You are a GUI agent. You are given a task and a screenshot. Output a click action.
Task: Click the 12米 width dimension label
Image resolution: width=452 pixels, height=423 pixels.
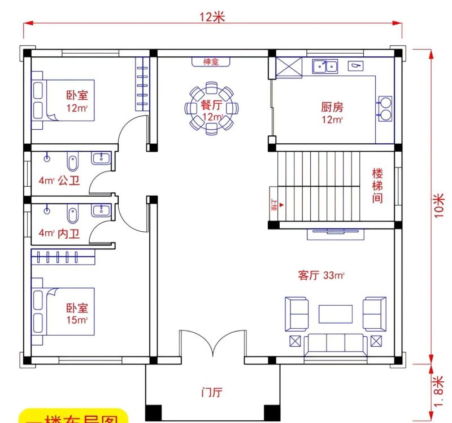click(x=212, y=17)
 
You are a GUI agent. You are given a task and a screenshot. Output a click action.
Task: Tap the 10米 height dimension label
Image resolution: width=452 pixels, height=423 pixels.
click(x=440, y=207)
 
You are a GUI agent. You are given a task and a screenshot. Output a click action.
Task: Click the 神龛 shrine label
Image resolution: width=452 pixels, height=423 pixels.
click(x=211, y=61)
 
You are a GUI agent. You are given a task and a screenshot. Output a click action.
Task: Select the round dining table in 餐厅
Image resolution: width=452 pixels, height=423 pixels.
click(x=211, y=108)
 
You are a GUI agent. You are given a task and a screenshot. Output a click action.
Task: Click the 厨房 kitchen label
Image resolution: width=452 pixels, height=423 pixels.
click(x=332, y=107)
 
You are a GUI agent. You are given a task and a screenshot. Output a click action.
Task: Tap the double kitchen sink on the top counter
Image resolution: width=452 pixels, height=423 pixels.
click(x=325, y=67)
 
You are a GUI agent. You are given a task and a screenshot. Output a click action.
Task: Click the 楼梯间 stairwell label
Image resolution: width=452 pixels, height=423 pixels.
click(x=377, y=186)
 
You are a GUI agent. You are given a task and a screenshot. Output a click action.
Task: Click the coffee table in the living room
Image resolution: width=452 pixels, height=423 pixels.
click(x=336, y=314)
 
